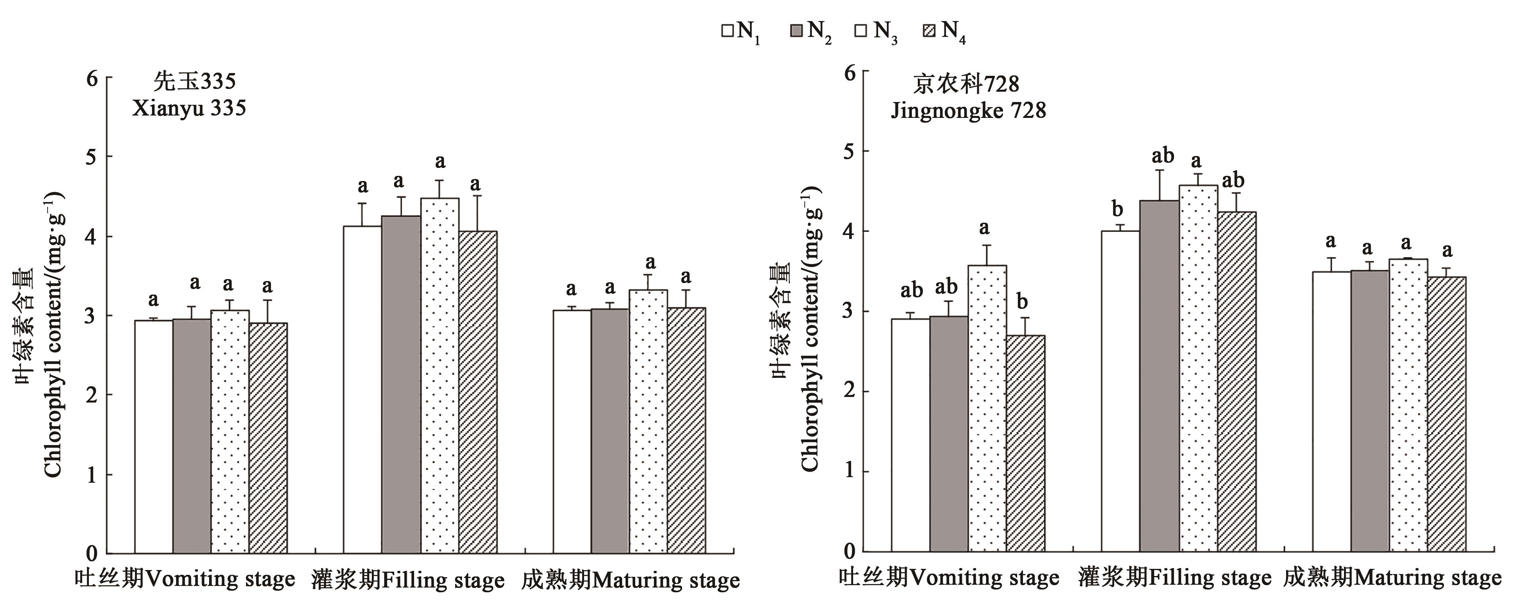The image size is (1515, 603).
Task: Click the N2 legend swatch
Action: (796, 31)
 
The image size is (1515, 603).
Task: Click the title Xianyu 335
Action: (189, 109)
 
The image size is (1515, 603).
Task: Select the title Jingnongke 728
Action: (968, 111)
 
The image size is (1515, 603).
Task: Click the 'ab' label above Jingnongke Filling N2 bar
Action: (1163, 156)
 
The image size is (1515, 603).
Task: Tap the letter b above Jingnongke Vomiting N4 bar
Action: (1023, 301)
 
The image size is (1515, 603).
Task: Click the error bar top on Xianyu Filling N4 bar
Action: (478, 196)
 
